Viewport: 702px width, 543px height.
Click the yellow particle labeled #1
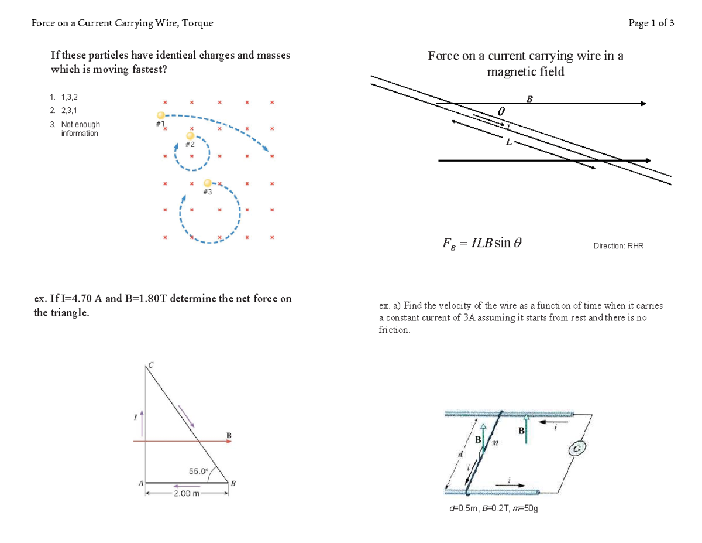160,115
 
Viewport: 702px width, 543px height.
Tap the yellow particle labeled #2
190,135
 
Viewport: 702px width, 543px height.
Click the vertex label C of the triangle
150,365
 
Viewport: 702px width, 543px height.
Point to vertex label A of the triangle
140,483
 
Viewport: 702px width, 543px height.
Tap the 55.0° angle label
198,470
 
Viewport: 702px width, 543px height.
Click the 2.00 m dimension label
185,494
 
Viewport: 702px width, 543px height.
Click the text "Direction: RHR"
618,246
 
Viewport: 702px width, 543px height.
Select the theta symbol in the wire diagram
501,111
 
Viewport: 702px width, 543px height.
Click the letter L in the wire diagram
509,142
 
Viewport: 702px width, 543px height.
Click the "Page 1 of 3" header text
651,23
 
